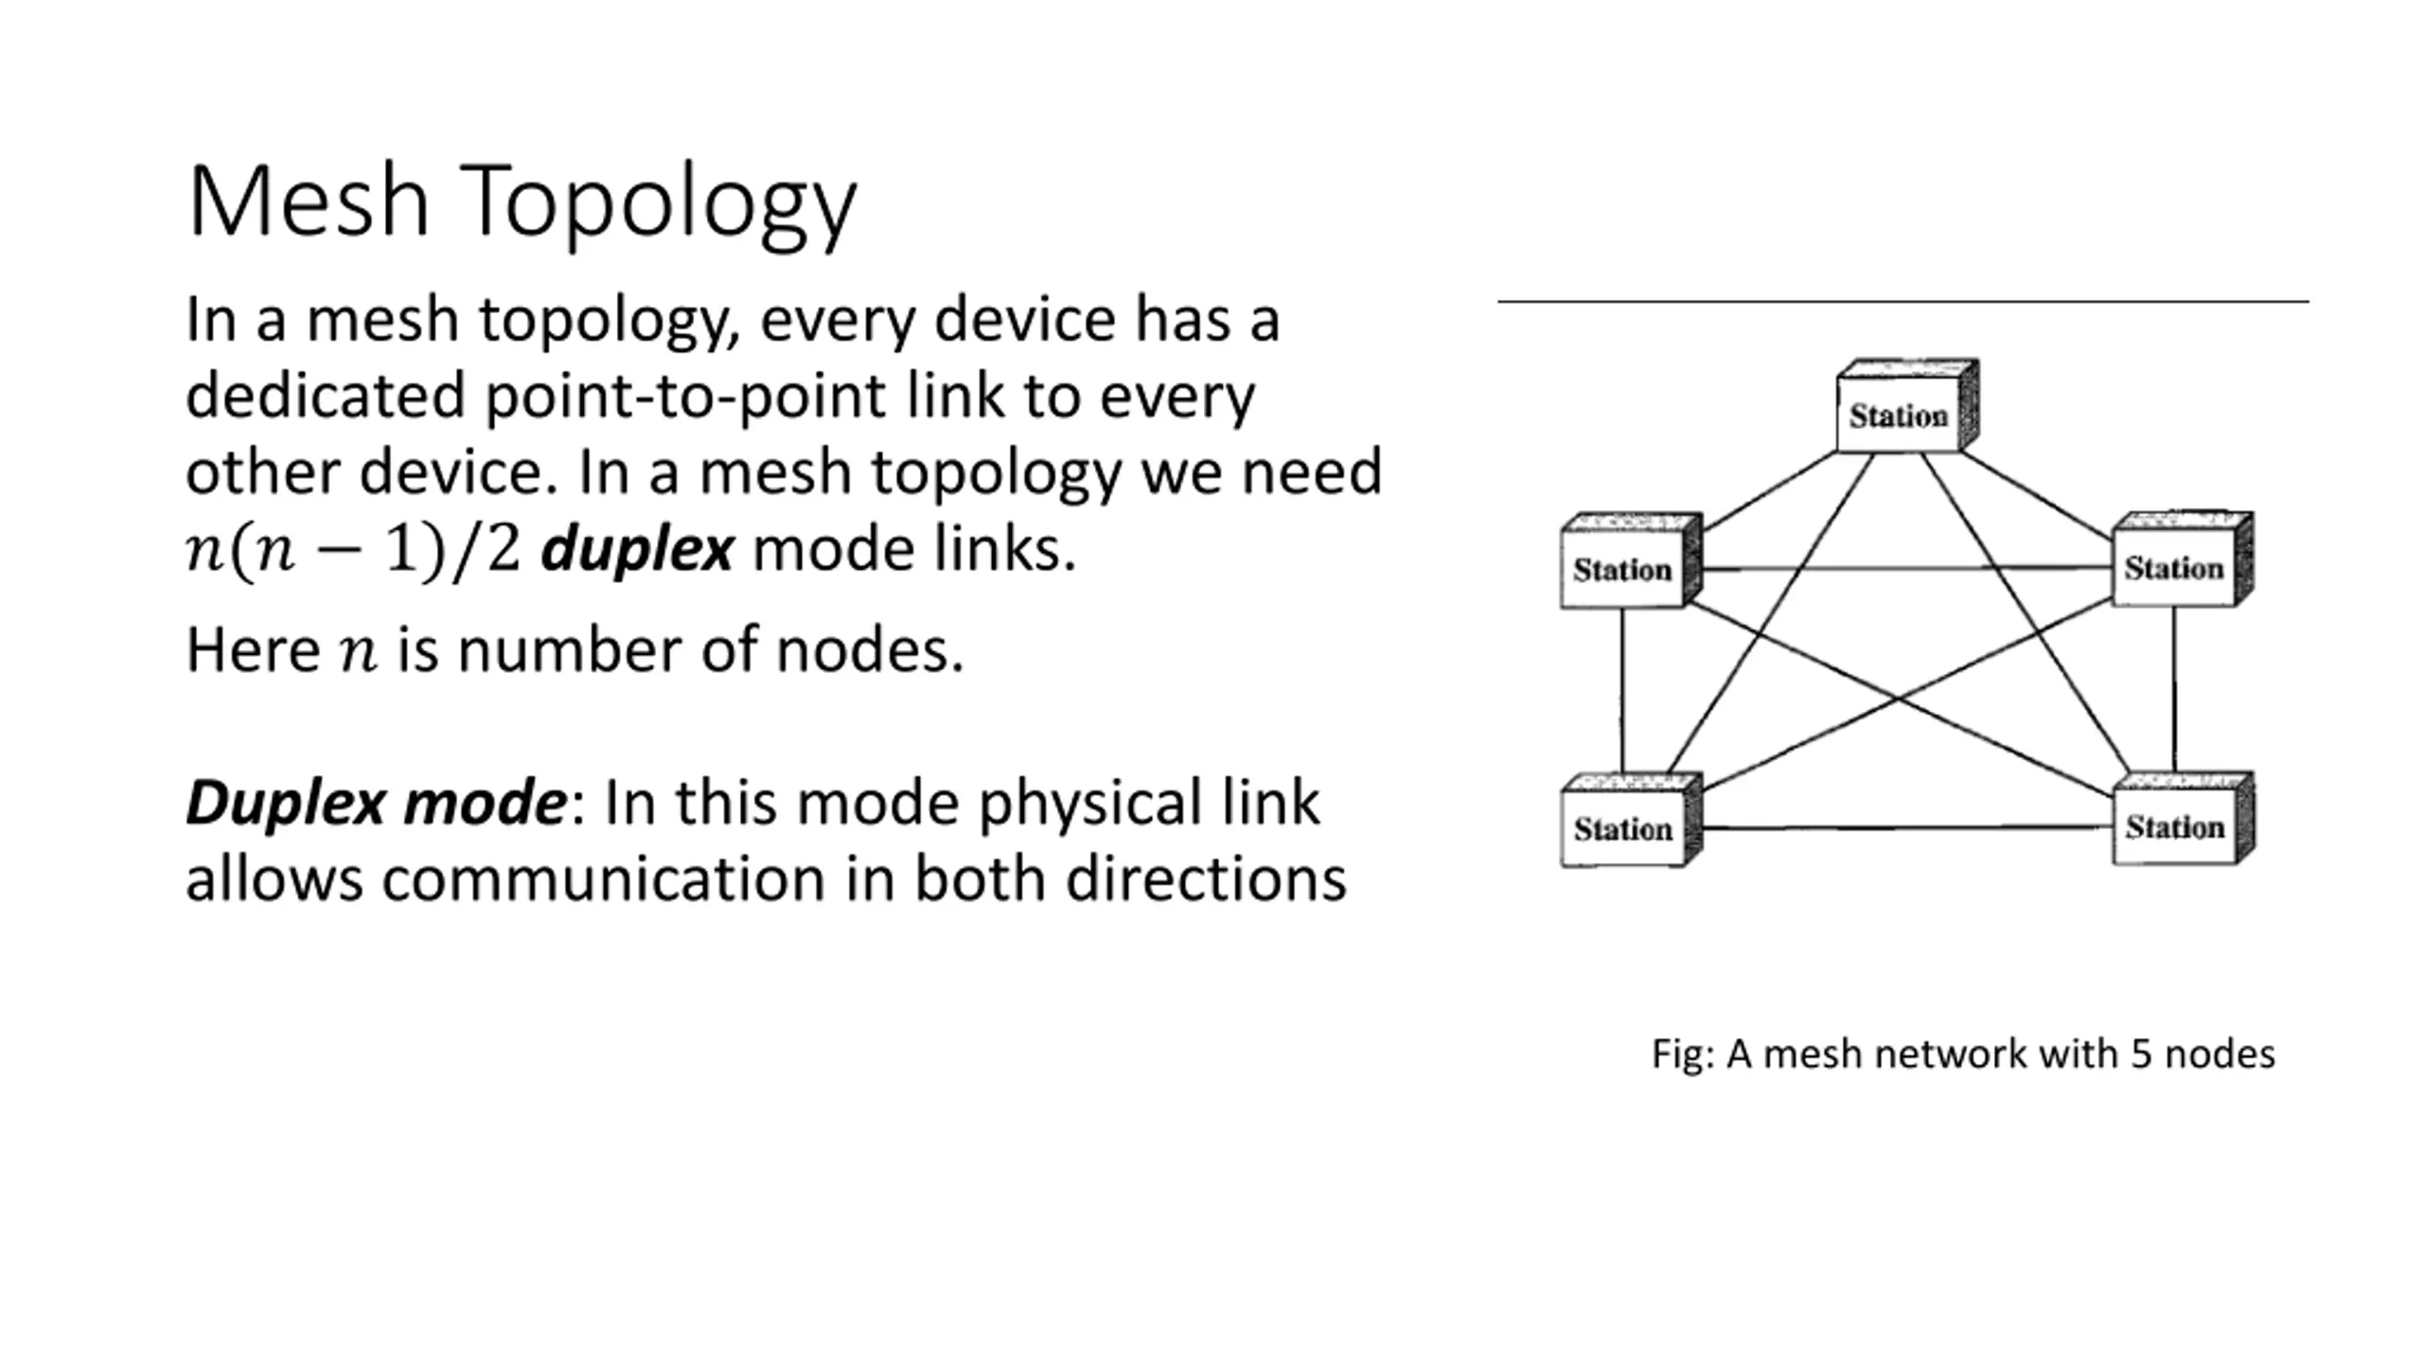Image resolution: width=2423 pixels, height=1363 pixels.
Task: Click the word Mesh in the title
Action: tap(310, 201)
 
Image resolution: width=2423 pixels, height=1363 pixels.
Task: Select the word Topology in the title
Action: tap(659, 207)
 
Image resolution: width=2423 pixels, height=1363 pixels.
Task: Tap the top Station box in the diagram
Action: tap(1907, 406)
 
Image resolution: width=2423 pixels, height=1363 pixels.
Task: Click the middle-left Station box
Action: tap(1631, 560)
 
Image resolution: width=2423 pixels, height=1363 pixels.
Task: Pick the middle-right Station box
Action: tap(2183, 558)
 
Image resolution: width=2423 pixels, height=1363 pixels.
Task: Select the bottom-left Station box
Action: tap(1631, 820)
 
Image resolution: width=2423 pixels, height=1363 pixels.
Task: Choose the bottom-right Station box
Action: tap(2184, 818)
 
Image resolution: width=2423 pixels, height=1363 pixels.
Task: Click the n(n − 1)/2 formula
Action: tap(353, 550)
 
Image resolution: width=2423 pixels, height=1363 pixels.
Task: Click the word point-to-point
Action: tap(686, 398)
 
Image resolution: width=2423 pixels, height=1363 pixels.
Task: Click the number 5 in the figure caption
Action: tap(2141, 1054)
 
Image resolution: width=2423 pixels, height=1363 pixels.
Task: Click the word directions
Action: tap(1205, 879)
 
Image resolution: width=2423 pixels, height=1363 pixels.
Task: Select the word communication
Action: tap(604, 879)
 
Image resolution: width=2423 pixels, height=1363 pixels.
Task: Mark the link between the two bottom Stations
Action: tap(1907, 828)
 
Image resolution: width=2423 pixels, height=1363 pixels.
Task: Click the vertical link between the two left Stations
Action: tap(1621, 690)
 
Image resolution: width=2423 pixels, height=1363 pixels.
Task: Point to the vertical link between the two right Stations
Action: tap(2174, 689)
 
